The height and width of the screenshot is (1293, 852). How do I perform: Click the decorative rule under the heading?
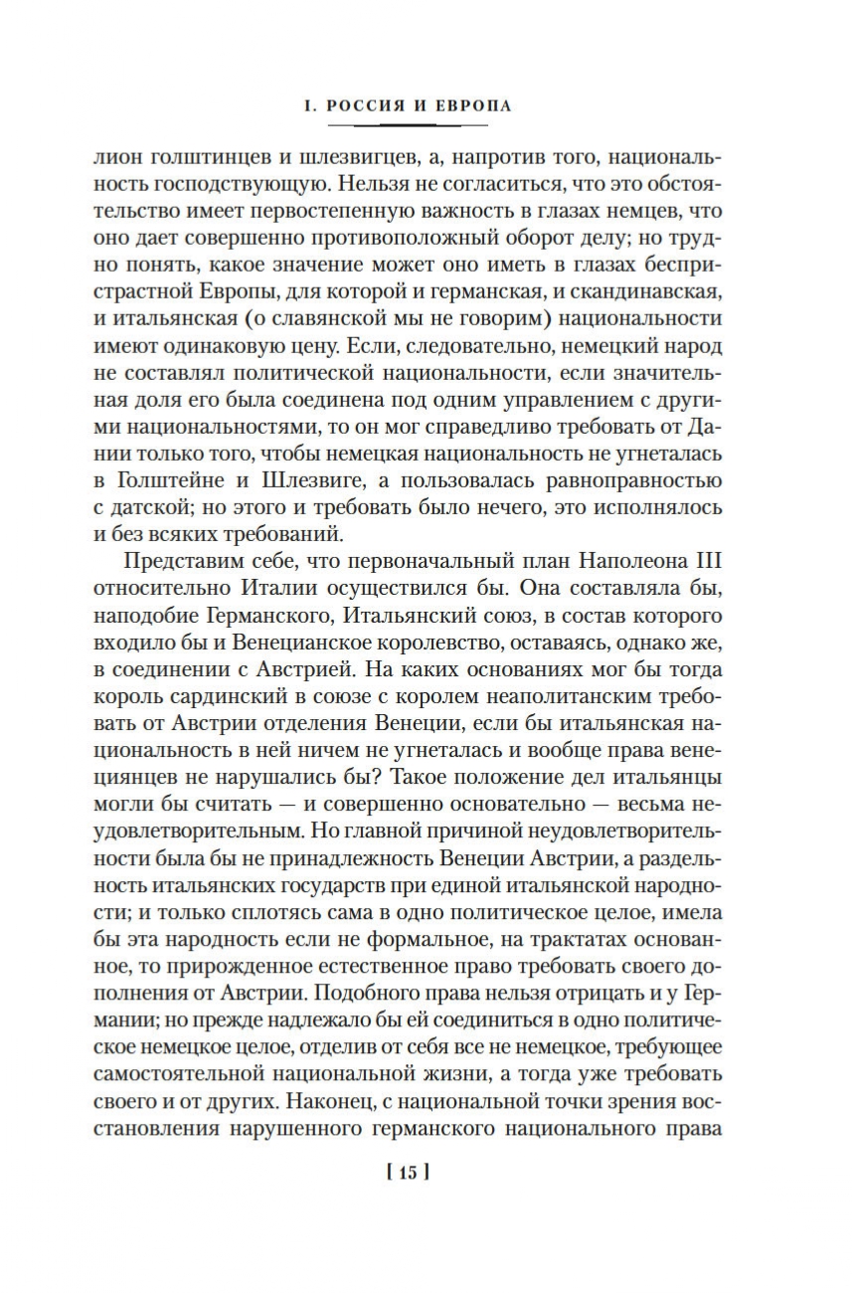coord(408,125)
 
